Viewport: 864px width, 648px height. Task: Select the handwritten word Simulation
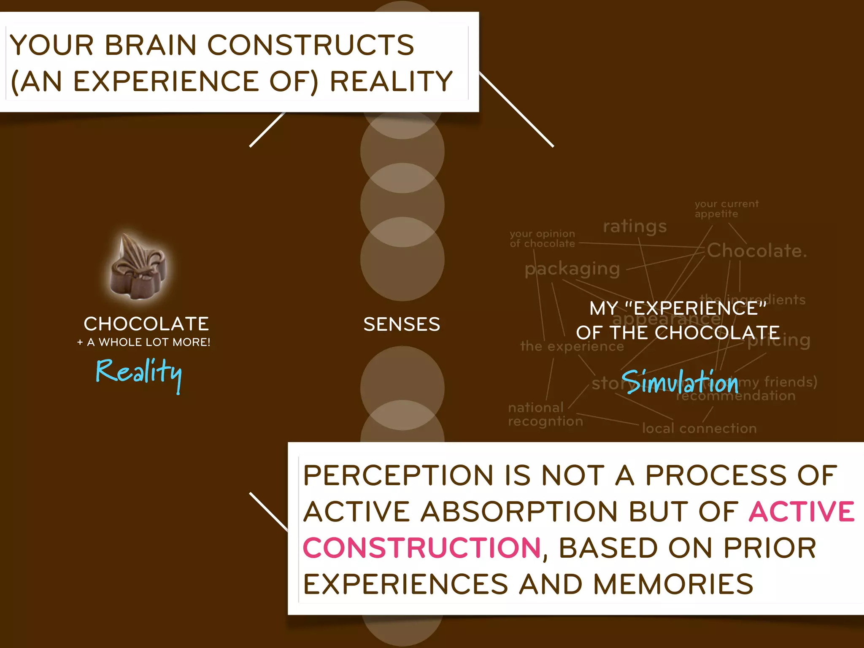click(680, 382)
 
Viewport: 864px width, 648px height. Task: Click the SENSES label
click(402, 324)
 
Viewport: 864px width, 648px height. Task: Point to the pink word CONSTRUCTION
click(421, 548)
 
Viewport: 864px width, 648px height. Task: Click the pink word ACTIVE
click(802, 512)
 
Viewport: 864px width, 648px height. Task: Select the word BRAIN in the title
click(151, 45)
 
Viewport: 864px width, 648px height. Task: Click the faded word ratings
click(634, 227)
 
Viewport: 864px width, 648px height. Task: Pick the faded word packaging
click(572, 269)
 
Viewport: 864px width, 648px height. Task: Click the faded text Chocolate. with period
click(756, 251)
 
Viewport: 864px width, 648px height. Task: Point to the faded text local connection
click(699, 429)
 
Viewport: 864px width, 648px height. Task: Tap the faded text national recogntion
click(545, 414)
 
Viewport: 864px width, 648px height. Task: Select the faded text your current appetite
click(726, 209)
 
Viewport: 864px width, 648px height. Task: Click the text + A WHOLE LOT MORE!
click(144, 342)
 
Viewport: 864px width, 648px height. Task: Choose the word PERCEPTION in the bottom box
click(398, 475)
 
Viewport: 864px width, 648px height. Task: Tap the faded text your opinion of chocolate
click(542, 238)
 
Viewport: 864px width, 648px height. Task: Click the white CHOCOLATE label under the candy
click(146, 324)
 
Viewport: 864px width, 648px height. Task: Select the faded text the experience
click(572, 347)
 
